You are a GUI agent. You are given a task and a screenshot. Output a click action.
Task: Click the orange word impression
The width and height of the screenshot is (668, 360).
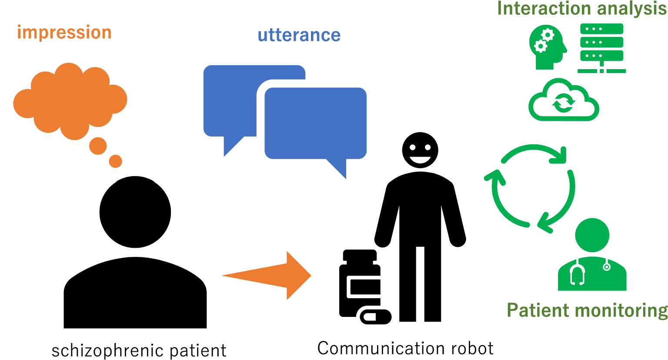(x=64, y=33)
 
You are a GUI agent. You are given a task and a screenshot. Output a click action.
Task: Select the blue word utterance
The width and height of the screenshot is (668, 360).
(x=299, y=35)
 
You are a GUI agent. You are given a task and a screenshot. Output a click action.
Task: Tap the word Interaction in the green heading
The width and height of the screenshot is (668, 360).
(x=539, y=9)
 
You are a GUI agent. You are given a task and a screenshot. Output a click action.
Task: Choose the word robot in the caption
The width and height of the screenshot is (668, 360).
(x=472, y=348)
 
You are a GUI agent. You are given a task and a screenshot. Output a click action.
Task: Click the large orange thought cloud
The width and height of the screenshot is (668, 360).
(x=70, y=100)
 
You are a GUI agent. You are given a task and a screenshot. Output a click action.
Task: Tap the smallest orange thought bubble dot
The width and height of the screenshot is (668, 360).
(x=115, y=161)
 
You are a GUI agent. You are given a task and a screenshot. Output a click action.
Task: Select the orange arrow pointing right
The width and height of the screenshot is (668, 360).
(x=274, y=275)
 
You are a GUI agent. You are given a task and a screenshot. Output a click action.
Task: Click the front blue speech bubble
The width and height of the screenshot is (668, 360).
(x=315, y=124)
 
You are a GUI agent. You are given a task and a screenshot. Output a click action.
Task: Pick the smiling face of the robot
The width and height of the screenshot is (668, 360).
(x=420, y=150)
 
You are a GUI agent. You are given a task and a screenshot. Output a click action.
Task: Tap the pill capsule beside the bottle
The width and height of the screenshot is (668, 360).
(x=374, y=317)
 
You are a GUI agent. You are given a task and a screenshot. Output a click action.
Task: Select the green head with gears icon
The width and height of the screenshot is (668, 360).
(x=547, y=47)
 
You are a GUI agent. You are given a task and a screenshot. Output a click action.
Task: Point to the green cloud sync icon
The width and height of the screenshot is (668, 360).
(x=564, y=101)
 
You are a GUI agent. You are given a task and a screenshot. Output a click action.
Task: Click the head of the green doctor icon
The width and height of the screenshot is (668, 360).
(x=592, y=235)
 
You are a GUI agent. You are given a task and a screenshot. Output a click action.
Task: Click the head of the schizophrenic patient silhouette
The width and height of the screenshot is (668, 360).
(x=135, y=212)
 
